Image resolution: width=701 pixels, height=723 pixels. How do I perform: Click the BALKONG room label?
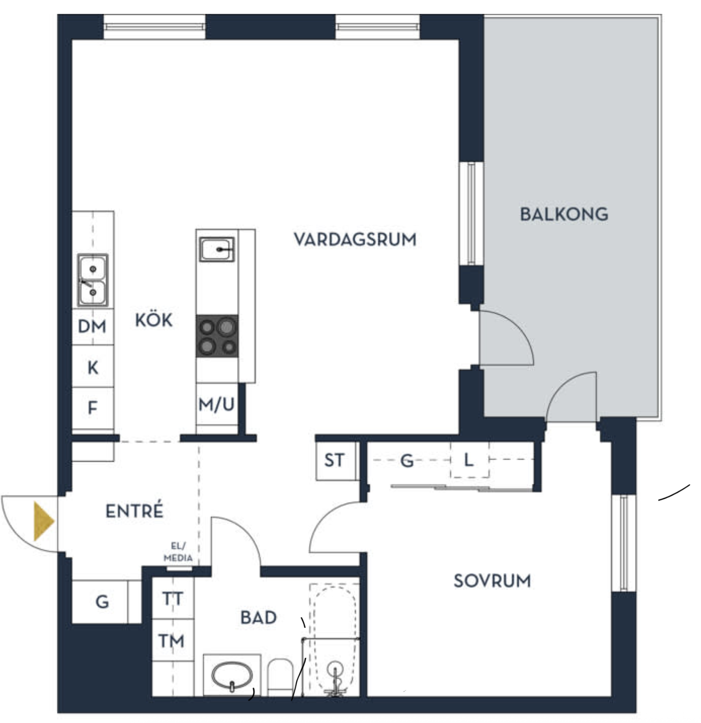[x=564, y=215]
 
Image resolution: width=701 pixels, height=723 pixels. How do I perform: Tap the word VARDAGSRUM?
[x=355, y=239]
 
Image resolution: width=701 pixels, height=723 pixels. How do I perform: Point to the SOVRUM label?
[x=492, y=581]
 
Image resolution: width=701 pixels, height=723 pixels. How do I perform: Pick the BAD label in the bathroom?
[x=258, y=618]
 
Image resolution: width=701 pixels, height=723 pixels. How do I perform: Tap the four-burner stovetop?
[x=217, y=336]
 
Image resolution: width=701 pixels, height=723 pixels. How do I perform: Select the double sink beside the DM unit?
[x=93, y=281]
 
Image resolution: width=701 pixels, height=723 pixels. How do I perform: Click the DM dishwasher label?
[x=92, y=326]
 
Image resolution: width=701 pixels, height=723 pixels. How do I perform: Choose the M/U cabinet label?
[x=216, y=405]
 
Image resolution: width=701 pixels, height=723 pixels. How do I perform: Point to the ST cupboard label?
[x=334, y=460]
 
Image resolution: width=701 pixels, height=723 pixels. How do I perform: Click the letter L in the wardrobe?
[x=468, y=460]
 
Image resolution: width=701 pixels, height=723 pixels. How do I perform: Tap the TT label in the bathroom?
[x=173, y=598]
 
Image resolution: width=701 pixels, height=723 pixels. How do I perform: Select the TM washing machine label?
[x=172, y=641]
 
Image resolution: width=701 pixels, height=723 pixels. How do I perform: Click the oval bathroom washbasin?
[x=232, y=675]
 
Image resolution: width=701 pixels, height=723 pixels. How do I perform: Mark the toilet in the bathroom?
[x=280, y=677]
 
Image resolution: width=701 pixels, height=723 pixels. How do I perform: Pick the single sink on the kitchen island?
[x=217, y=249]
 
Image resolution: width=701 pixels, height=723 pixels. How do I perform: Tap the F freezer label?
[x=92, y=408]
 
